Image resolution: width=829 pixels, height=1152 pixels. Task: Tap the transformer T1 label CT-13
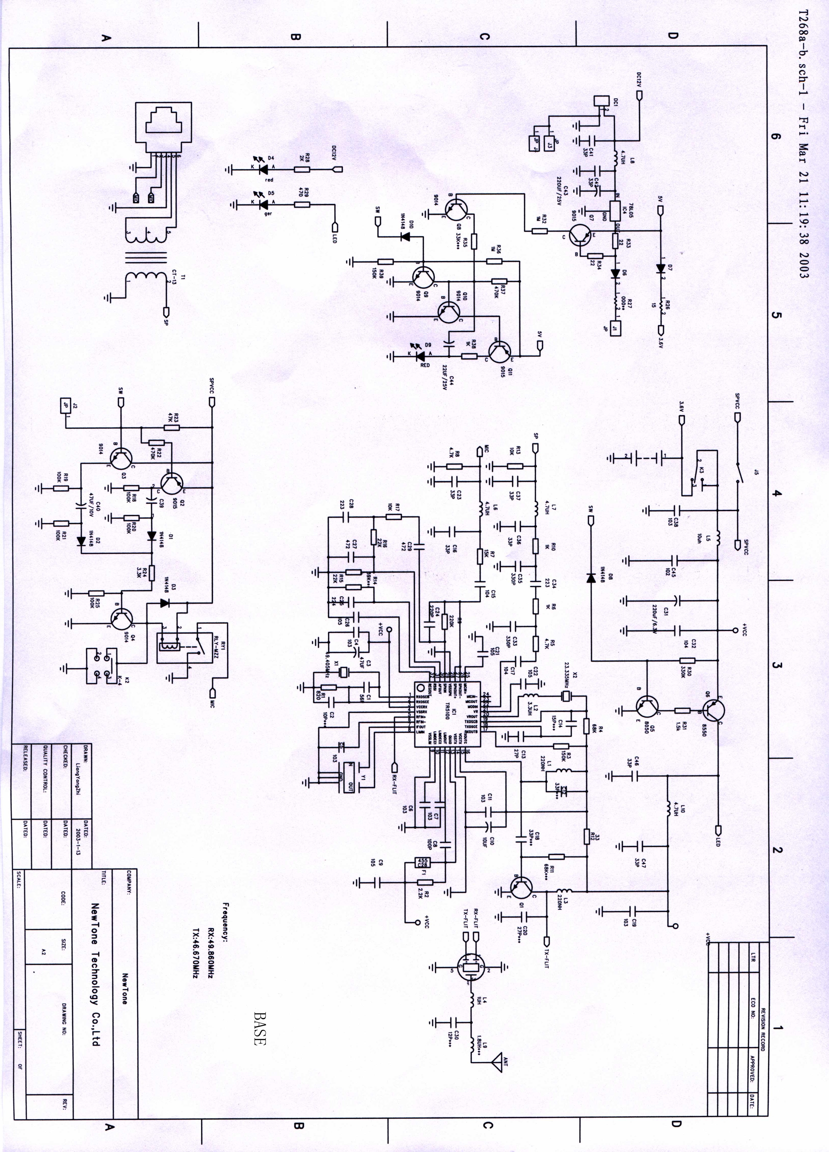click(x=175, y=278)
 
